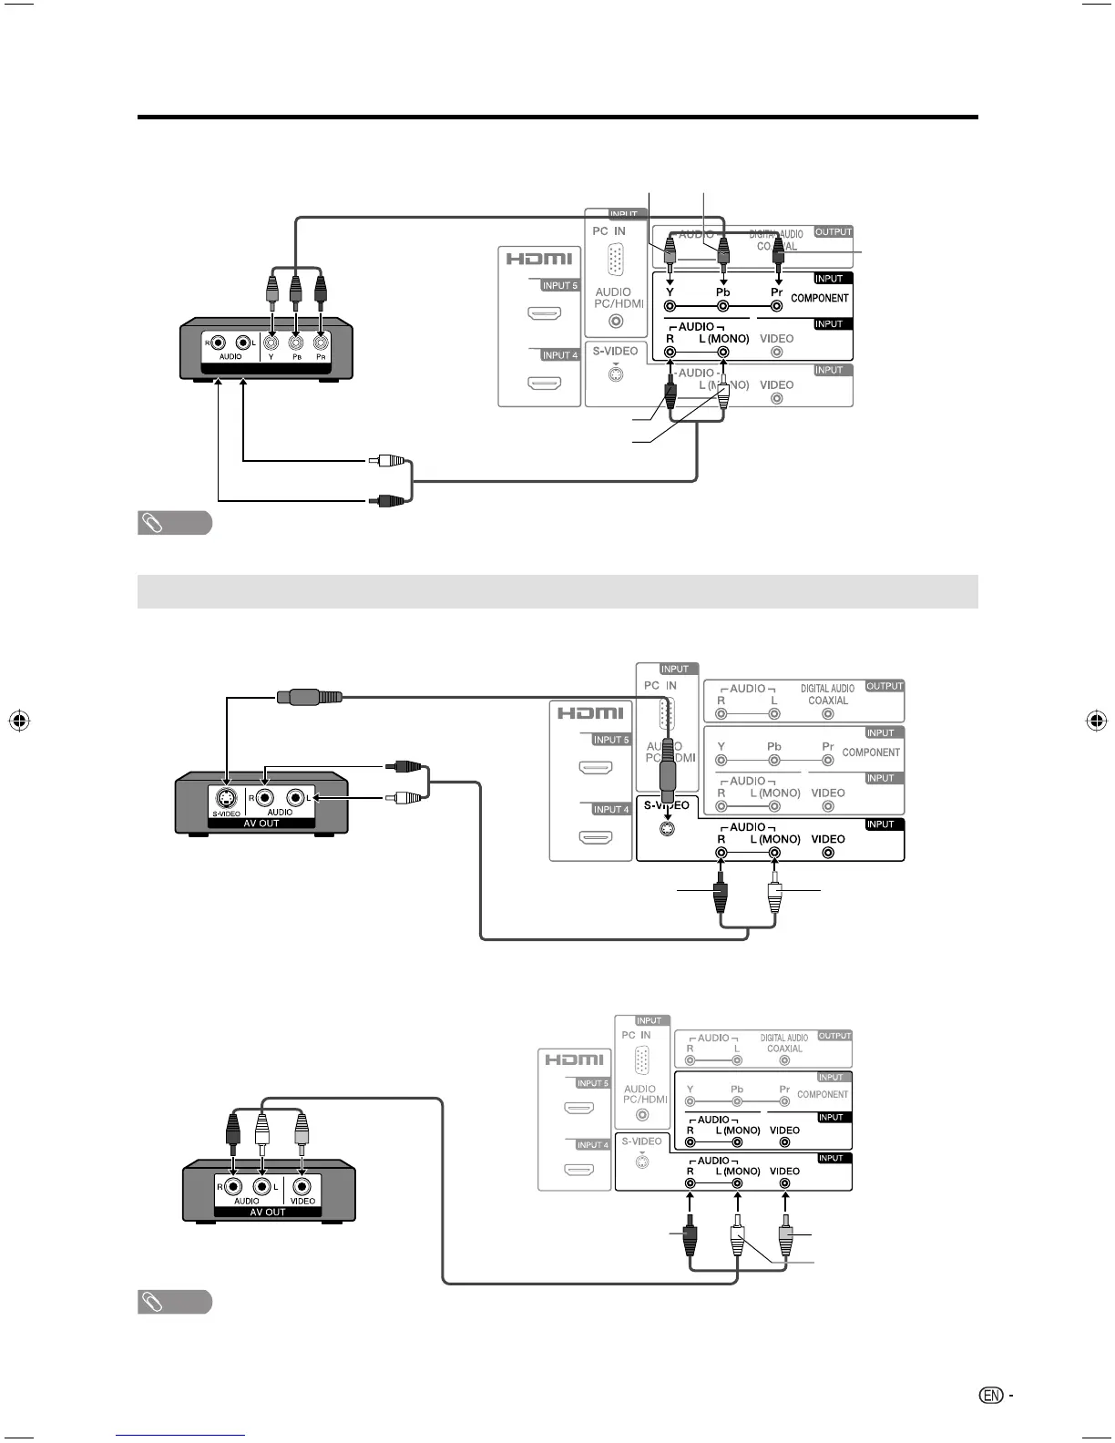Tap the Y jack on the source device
tap(271, 343)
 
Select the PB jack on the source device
tap(295, 343)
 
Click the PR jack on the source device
tap(320, 343)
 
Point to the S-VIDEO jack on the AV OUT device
tap(227, 797)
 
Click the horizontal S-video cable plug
tap(310, 698)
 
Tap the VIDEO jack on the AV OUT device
tap(302, 1187)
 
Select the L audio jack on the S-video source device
tap(295, 797)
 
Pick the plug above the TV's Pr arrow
tap(778, 251)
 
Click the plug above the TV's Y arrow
tap(670, 251)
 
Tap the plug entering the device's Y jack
tap(271, 290)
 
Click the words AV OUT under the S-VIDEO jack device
tap(261, 824)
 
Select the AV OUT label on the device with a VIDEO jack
tap(268, 1213)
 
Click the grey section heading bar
tap(557, 591)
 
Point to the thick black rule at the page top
tap(557, 118)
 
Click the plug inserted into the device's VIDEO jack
tap(302, 1134)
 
